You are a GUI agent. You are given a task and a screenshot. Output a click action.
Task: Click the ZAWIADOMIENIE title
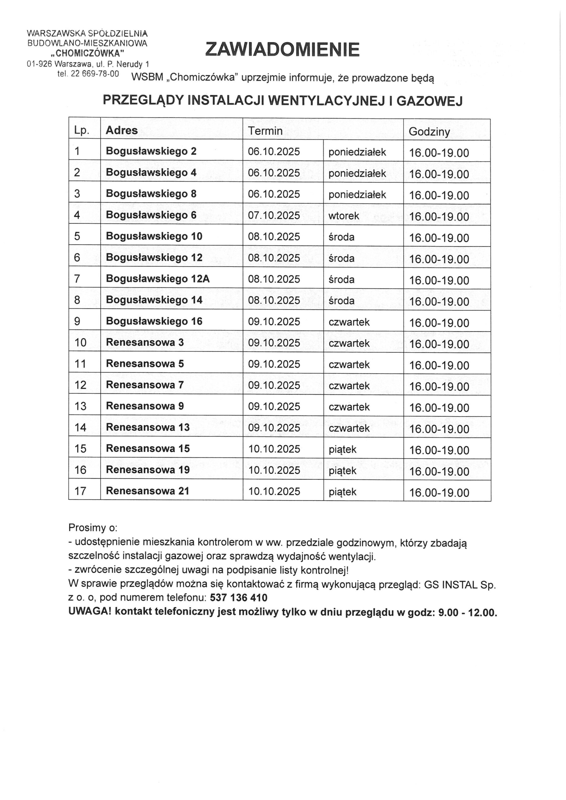point(282,49)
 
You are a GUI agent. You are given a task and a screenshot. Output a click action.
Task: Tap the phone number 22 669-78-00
point(95,74)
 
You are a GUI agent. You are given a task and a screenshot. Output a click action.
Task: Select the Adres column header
point(122,130)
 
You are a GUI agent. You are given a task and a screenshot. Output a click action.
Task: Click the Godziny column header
point(429,131)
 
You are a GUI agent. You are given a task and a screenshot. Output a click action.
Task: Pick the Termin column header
point(265,131)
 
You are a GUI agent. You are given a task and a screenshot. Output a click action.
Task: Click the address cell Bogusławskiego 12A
point(158,279)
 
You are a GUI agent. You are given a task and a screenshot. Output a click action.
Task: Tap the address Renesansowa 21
point(148,491)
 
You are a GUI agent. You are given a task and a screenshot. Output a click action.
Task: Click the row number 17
point(80,491)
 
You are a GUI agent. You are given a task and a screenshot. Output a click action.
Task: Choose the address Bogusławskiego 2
point(151,151)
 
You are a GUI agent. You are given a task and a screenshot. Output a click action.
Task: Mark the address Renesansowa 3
point(145,342)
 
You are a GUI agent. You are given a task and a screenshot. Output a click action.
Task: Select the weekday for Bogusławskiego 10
point(341,237)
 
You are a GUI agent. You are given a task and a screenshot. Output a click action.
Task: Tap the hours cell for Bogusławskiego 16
point(439,322)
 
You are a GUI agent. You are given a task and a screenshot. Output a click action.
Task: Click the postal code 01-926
point(39,64)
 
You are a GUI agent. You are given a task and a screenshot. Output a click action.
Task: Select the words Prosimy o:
point(93,527)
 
